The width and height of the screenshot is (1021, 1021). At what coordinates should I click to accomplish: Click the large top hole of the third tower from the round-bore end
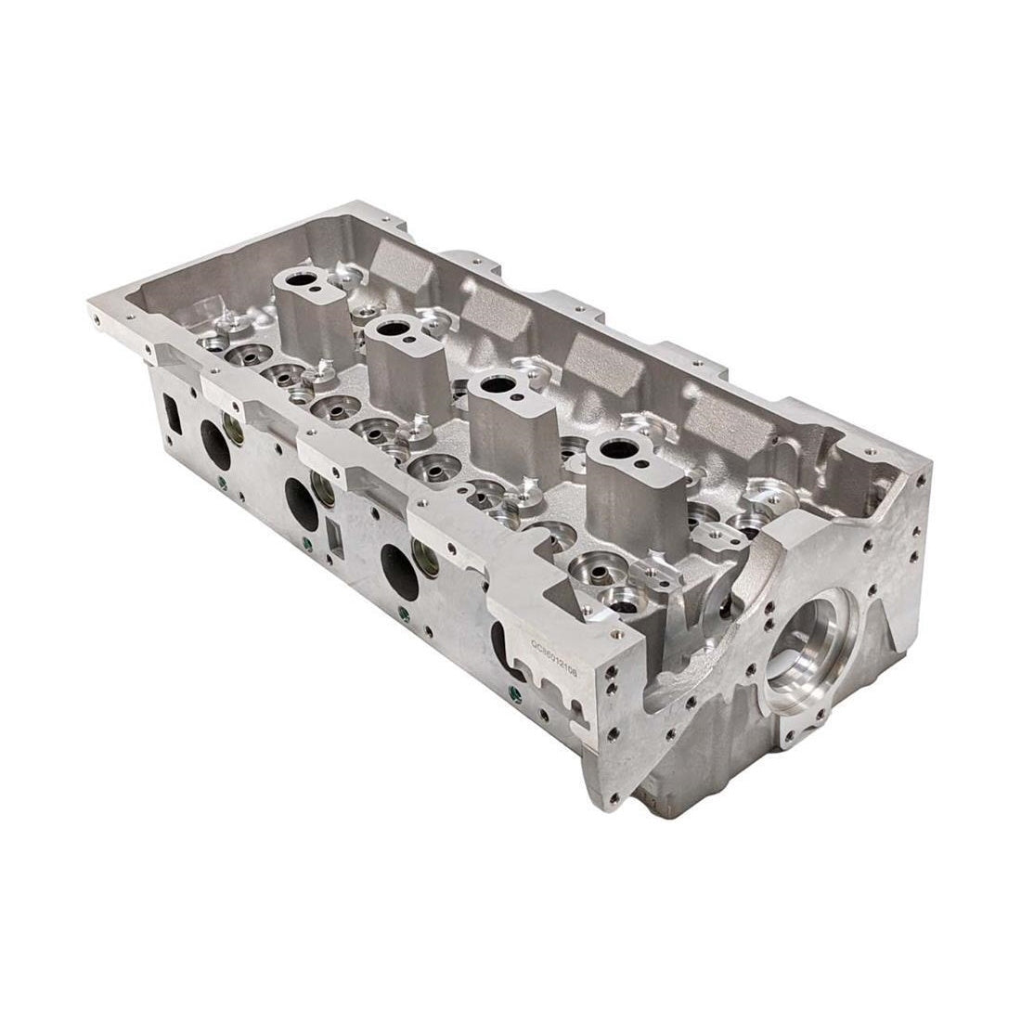[394, 329]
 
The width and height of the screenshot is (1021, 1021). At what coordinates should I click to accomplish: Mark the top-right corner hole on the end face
[918, 480]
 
